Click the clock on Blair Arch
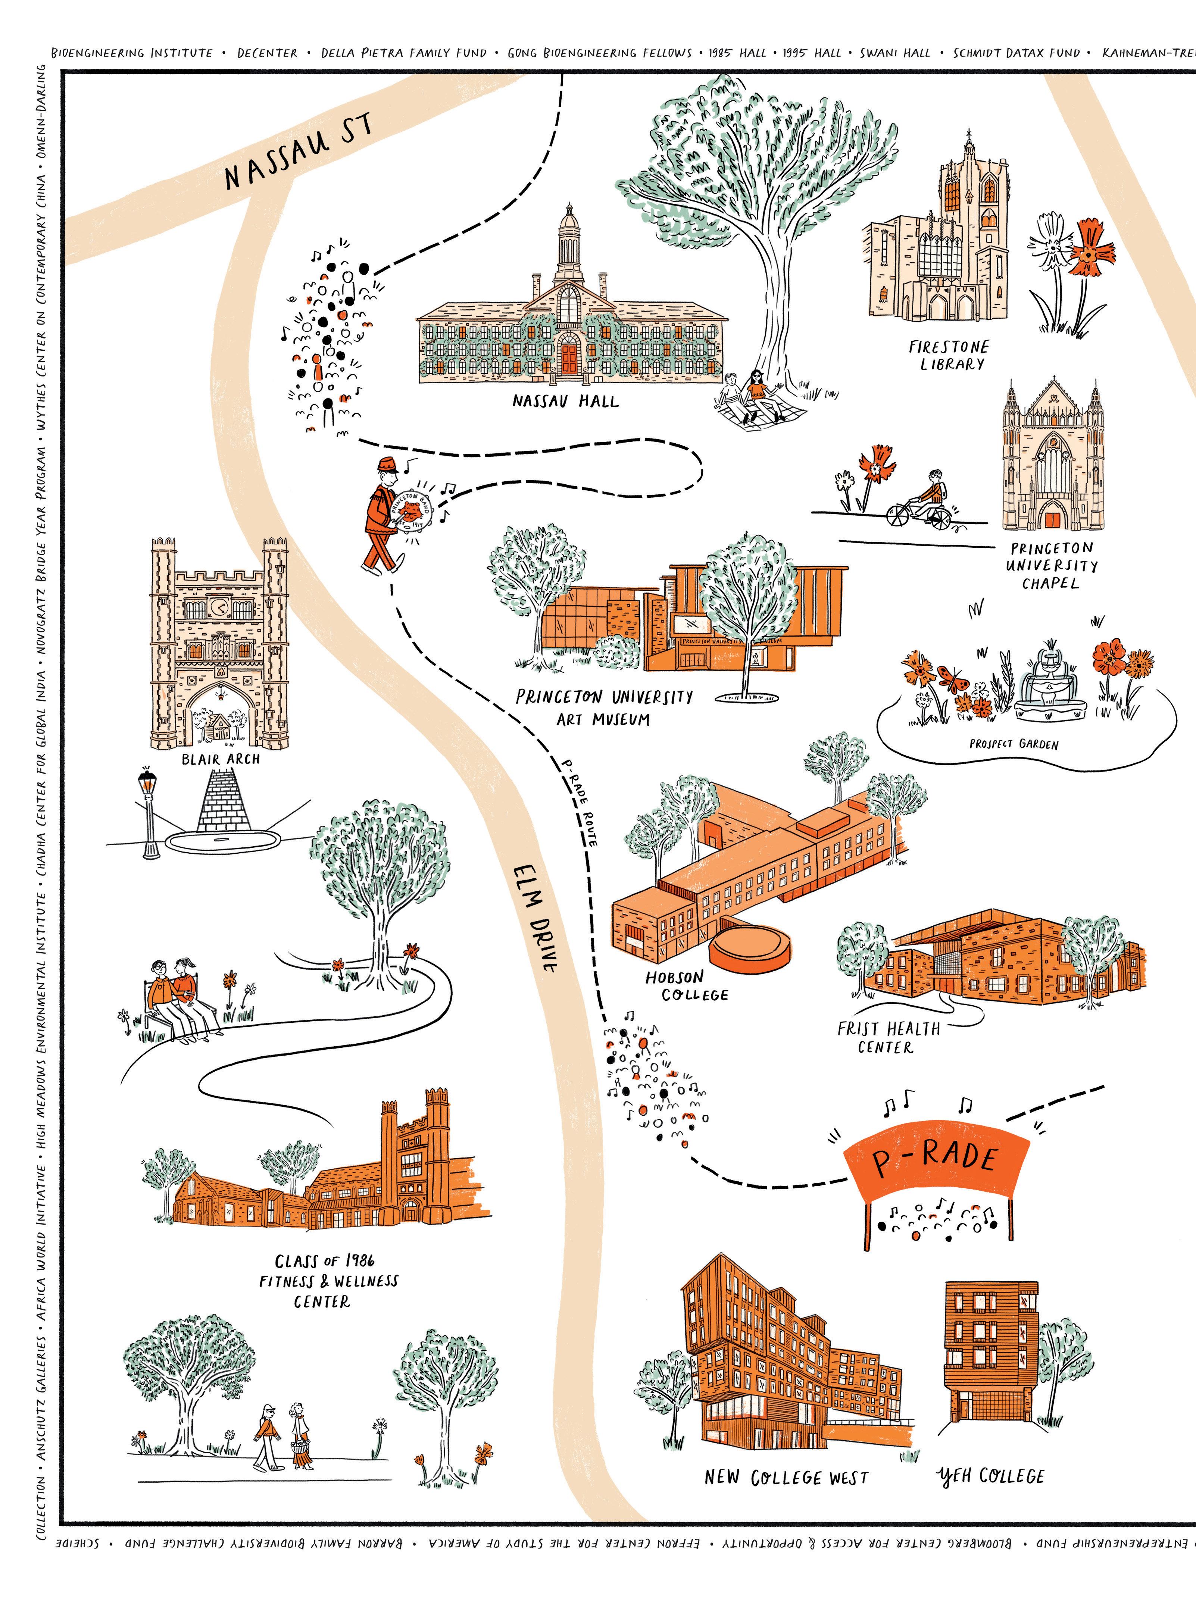[219, 606]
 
